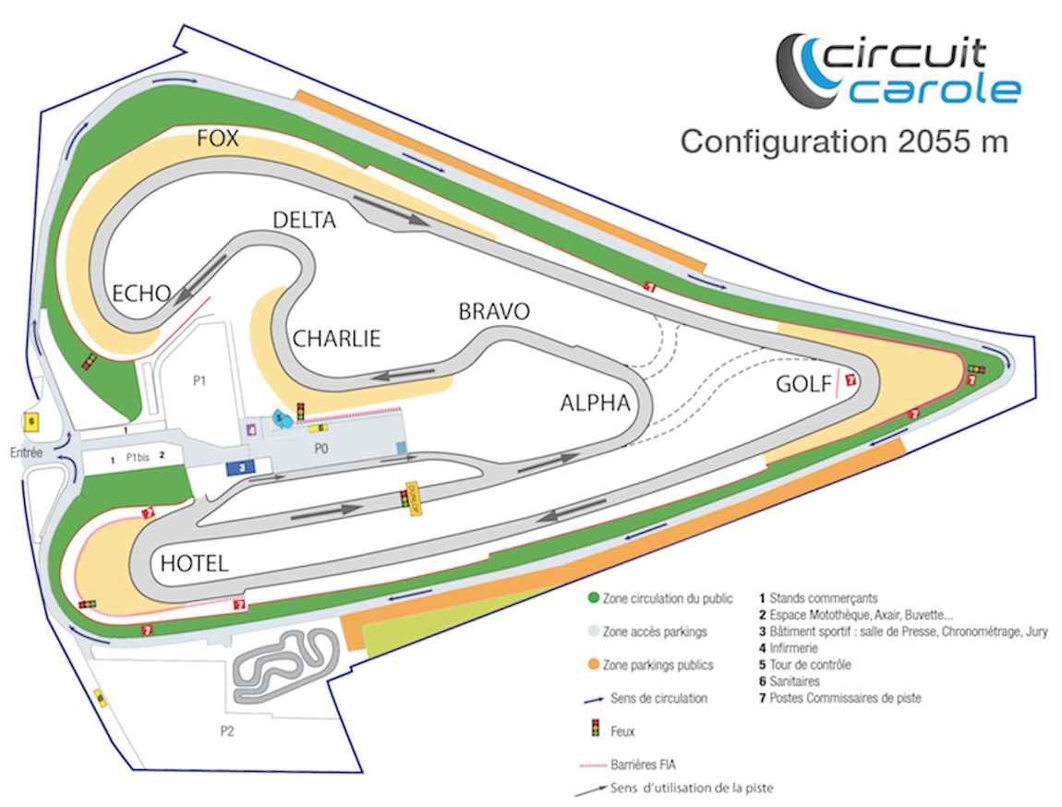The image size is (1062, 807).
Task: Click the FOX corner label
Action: tap(218, 139)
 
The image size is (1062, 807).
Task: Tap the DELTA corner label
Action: tap(304, 220)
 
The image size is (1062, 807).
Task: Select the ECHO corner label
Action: tap(141, 294)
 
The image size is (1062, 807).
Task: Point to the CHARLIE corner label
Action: tap(336, 339)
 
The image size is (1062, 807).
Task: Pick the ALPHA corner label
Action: tap(595, 403)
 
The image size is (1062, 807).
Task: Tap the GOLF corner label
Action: tap(803, 383)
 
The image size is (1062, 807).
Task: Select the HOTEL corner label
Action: tap(194, 564)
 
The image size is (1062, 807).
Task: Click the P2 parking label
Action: tap(227, 730)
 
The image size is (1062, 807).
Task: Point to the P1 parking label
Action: tap(200, 380)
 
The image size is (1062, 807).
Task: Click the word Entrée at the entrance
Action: tap(28, 452)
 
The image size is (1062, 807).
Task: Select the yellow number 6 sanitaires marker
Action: tap(32, 421)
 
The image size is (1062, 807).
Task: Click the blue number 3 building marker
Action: tap(241, 468)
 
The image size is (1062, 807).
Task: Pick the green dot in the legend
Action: tap(595, 598)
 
